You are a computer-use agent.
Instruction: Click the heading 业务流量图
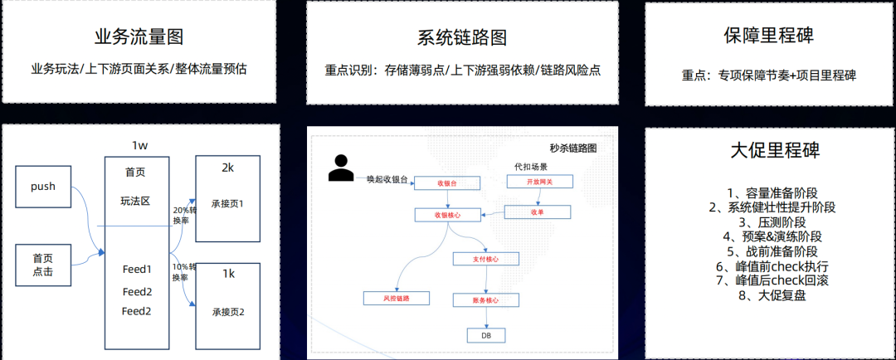(x=139, y=37)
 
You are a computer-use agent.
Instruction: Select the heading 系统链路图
(x=461, y=38)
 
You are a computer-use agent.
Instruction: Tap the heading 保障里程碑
(x=768, y=36)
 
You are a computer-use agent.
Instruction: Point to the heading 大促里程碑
(x=768, y=151)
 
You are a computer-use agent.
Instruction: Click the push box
(x=43, y=187)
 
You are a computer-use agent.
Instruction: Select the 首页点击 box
(x=43, y=265)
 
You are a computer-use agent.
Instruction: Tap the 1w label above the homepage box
(x=139, y=146)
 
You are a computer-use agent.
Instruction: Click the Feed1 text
(x=137, y=270)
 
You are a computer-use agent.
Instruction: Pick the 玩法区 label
(x=136, y=201)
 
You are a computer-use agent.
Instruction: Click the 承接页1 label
(x=227, y=204)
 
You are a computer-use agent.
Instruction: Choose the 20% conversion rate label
(x=183, y=215)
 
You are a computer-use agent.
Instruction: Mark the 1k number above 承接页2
(x=227, y=273)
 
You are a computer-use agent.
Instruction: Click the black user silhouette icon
(x=339, y=168)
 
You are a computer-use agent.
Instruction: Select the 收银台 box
(x=447, y=183)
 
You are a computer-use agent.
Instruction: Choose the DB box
(x=486, y=335)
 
